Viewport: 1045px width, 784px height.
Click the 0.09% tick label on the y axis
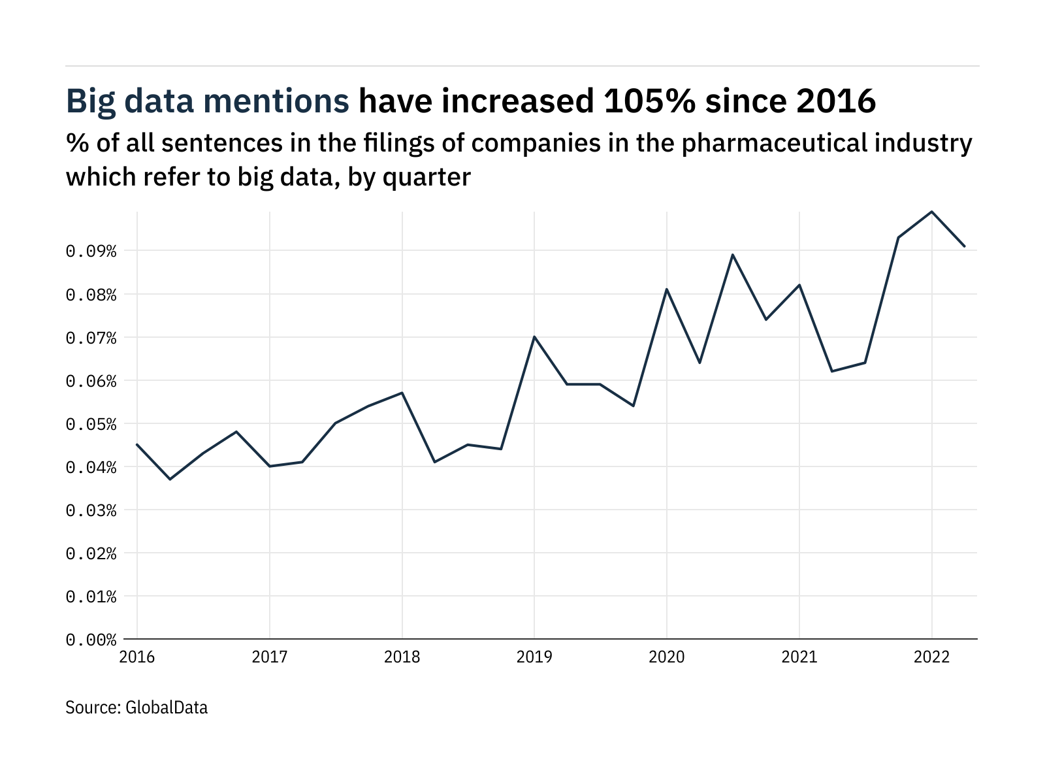pyautogui.click(x=91, y=252)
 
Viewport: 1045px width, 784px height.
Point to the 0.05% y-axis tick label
pyautogui.click(x=91, y=425)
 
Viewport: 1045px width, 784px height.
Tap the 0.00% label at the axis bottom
pyautogui.click(x=91, y=640)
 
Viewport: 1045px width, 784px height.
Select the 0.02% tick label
pyautogui.click(x=91, y=554)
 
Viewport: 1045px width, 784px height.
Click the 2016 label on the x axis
pyautogui.click(x=137, y=657)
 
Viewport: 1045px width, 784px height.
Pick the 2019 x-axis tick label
pyautogui.click(x=534, y=657)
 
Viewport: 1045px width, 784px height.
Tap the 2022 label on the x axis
pyautogui.click(x=931, y=657)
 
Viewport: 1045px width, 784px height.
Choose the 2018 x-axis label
pyautogui.click(x=402, y=657)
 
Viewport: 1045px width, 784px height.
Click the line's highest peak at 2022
pyautogui.click(x=931, y=212)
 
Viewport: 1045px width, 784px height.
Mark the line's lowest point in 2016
pyautogui.click(x=170, y=480)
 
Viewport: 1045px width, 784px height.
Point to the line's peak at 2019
pyautogui.click(x=534, y=336)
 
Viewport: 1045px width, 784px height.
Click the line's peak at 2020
pyautogui.click(x=667, y=289)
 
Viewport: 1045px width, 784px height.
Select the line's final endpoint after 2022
pyautogui.click(x=965, y=246)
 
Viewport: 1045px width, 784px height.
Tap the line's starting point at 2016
pyautogui.click(x=137, y=444)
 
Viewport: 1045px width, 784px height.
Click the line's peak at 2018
pyautogui.click(x=402, y=393)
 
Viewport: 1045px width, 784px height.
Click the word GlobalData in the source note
pyautogui.click(x=166, y=708)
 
